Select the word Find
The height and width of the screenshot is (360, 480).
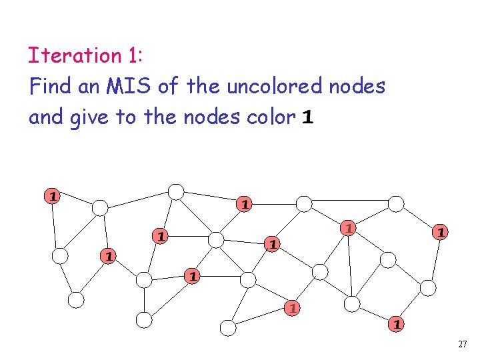point(47,87)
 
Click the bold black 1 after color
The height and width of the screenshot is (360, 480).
point(307,118)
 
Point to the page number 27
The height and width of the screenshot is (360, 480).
point(463,345)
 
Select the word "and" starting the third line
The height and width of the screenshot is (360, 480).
point(45,118)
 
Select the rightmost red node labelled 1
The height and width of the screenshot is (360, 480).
point(439,232)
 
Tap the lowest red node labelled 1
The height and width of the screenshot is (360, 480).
point(396,325)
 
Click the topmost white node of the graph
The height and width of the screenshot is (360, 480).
point(175,192)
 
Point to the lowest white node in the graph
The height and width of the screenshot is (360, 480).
point(228,327)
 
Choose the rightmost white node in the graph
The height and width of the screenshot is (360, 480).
point(428,287)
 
